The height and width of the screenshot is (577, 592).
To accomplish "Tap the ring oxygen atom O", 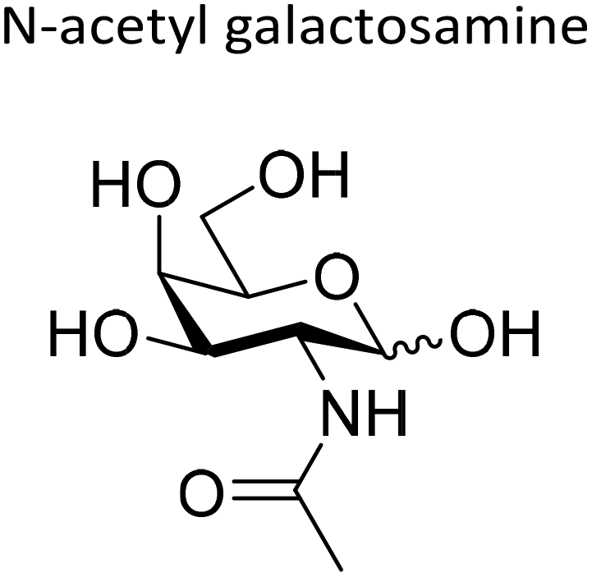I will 336,280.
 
